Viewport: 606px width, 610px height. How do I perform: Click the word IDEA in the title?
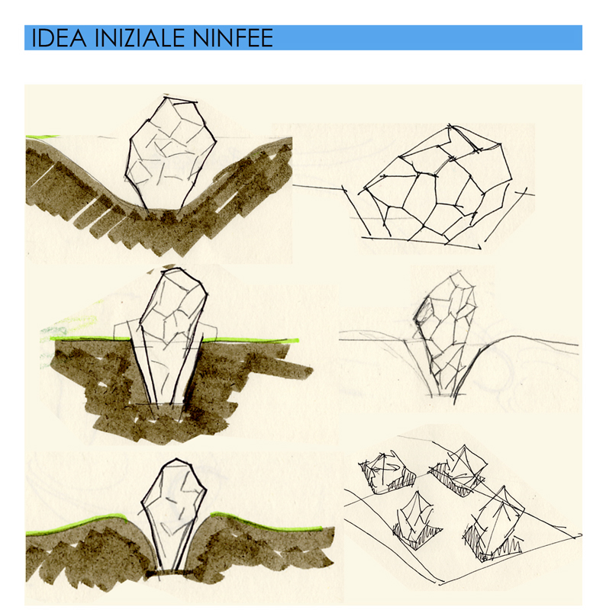(59, 37)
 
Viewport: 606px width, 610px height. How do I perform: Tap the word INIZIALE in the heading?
(139, 37)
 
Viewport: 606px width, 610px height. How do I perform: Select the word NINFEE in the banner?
(233, 37)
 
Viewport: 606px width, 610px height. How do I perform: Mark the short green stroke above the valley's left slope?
(42, 136)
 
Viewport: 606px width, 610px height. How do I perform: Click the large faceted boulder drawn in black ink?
(437, 182)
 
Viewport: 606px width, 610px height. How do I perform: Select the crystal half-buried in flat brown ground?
(169, 342)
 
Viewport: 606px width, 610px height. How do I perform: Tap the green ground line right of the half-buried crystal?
(251, 340)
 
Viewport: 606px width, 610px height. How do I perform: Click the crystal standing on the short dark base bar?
(173, 513)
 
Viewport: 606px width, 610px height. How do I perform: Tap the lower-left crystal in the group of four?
(417, 521)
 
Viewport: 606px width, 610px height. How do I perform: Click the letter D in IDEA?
(47, 37)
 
